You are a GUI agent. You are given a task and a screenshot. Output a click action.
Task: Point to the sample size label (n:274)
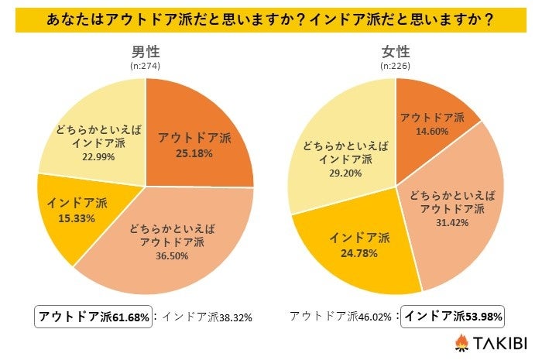[146, 67]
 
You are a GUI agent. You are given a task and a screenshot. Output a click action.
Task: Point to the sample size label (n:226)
[396, 67]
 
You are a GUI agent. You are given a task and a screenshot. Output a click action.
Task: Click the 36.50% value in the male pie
[172, 256]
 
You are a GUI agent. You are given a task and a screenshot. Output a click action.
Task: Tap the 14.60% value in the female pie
[432, 131]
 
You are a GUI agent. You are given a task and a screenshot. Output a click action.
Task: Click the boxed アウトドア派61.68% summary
[94, 316]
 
